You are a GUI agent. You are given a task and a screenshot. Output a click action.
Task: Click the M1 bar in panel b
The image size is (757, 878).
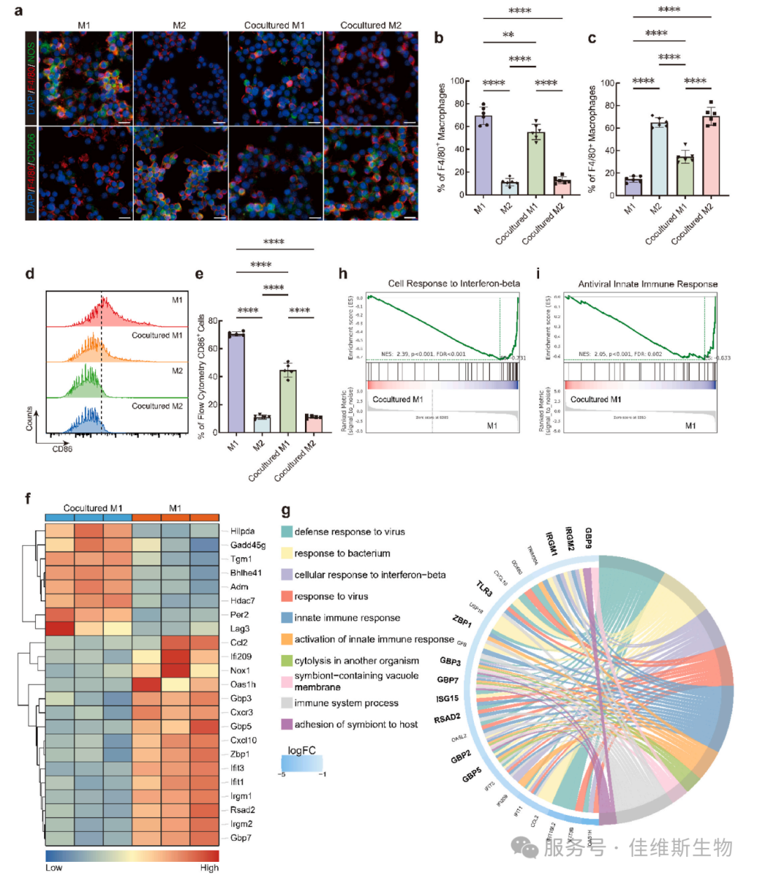483,155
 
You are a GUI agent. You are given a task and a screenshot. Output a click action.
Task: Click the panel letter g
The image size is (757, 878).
285,511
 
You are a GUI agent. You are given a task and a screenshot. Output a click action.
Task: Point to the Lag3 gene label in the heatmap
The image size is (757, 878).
240,629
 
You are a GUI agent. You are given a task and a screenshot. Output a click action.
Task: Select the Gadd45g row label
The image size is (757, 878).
247,545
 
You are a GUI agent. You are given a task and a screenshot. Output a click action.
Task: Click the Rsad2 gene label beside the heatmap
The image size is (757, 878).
243,810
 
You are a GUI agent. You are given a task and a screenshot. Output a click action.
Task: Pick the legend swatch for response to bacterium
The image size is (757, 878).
287,553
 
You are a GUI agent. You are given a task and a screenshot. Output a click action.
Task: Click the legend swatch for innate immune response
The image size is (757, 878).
287,617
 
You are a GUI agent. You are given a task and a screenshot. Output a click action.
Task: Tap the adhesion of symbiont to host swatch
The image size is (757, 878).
287,724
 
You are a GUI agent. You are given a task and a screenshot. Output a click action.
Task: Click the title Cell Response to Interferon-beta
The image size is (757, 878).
453,284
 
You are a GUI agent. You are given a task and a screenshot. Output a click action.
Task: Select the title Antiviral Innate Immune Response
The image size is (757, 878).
648,284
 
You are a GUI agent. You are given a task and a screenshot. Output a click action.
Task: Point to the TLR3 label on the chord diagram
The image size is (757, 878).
484,588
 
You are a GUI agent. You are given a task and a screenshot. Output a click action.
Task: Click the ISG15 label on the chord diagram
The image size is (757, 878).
446,699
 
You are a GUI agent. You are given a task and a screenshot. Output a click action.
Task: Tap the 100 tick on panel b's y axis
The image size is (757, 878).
457,81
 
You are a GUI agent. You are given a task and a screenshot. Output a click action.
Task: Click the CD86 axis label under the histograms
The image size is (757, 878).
62,449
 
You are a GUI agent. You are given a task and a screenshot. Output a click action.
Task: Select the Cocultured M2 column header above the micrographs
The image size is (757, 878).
371,25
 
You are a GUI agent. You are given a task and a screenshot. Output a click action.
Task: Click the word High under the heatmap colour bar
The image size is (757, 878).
209,867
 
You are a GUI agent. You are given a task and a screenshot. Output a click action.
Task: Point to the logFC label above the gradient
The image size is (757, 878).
301,750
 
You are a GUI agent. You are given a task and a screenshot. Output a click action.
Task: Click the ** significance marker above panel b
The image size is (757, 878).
508,35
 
